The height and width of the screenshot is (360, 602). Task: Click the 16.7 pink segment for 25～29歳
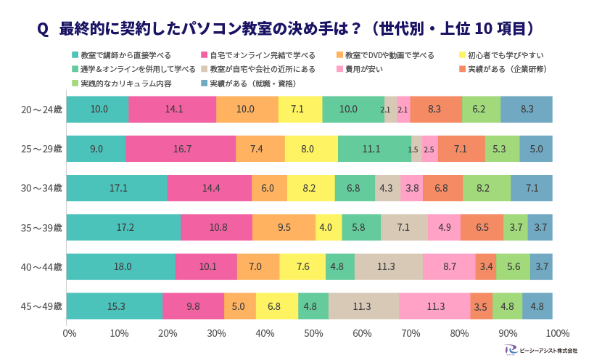(181, 149)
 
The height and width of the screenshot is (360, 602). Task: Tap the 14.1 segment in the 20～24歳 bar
(173, 109)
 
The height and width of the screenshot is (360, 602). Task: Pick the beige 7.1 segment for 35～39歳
(404, 227)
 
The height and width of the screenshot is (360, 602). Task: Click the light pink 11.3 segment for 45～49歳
(435, 306)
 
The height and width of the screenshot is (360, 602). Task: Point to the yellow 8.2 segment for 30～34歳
(311, 188)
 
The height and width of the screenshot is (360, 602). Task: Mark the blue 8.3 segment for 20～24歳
(527, 109)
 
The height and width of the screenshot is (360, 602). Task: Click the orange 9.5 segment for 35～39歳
(284, 227)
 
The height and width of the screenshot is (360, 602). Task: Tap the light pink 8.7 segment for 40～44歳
(449, 266)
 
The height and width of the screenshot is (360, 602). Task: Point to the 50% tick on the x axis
(313, 333)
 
